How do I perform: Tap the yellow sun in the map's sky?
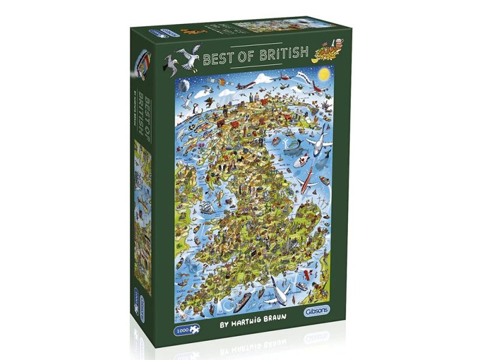(x=325, y=74)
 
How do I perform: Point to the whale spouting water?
(x=295, y=145)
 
